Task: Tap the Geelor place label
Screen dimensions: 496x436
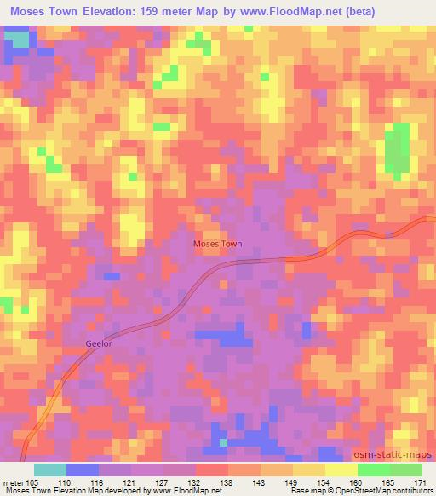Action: (98, 344)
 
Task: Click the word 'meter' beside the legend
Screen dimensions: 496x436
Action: (13, 482)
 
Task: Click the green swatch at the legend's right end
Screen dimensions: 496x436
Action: (405, 470)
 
